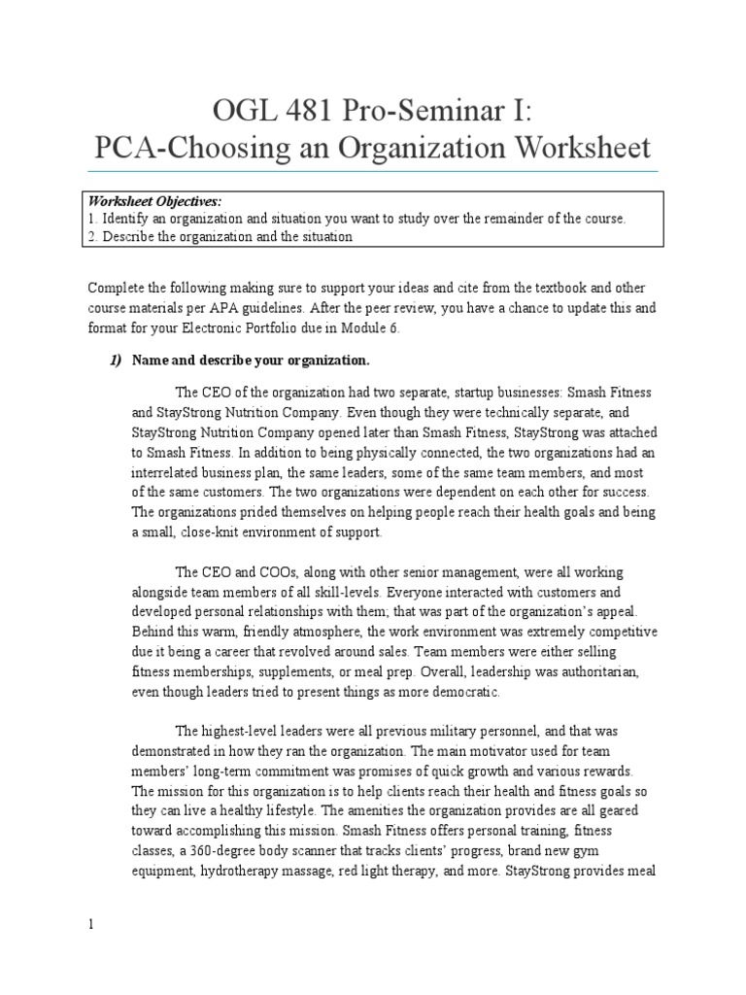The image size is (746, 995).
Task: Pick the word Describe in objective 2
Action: point(128,236)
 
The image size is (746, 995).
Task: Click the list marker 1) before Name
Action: point(115,360)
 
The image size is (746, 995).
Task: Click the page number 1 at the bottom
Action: point(91,925)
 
